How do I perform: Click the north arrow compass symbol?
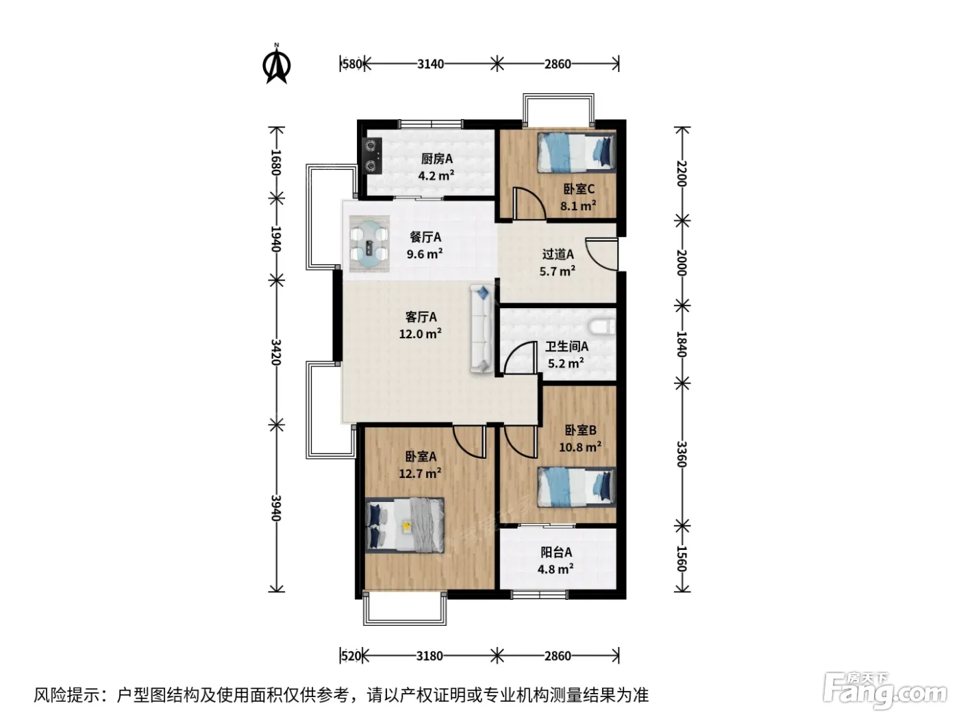tap(276, 64)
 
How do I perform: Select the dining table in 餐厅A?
tap(369, 244)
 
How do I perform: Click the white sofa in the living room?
tap(482, 329)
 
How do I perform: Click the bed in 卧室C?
tap(576, 153)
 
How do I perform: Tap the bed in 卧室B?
tap(576, 487)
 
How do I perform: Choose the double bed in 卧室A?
tap(405, 525)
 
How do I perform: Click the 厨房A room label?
tap(436, 158)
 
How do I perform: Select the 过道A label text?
tap(558, 254)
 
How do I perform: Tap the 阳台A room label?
tap(556, 552)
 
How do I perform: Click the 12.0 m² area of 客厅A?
tap(420, 334)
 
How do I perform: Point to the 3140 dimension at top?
tap(430, 64)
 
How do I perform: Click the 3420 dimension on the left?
tap(275, 352)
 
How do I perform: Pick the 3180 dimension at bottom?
tap(429, 656)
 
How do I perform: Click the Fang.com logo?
tap(884, 691)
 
